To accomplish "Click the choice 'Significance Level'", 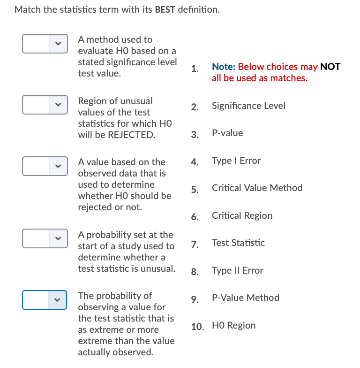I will (x=248, y=106).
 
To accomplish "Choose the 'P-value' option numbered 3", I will (x=227, y=133).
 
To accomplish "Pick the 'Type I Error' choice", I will (x=236, y=161).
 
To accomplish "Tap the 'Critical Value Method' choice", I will (x=257, y=188).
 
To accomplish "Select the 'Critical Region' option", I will (x=242, y=215).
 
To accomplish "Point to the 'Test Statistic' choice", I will (x=238, y=243).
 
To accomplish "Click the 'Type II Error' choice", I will (x=237, y=270).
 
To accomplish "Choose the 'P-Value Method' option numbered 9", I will (x=245, y=298).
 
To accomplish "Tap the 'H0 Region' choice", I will (x=233, y=325).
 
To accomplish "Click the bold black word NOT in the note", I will (x=330, y=67).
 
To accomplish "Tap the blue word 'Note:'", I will (x=224, y=67).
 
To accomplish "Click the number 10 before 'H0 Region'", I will (x=198, y=326).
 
